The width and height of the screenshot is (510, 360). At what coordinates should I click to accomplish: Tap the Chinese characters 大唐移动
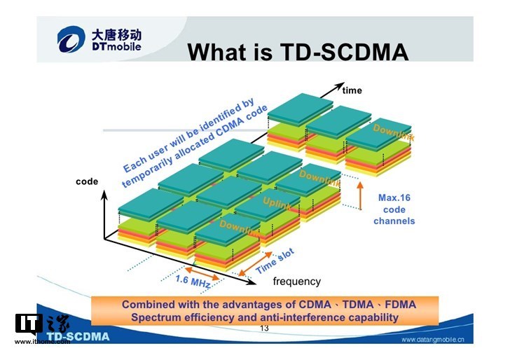116,33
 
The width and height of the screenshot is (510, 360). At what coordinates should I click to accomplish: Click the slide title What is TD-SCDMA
298,52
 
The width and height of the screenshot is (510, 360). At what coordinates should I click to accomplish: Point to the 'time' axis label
352,90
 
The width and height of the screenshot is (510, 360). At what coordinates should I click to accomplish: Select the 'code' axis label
87,182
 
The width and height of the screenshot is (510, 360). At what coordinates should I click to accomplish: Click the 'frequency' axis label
297,282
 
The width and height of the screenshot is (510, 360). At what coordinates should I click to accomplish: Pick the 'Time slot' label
275,261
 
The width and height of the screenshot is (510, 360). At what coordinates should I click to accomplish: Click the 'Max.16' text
394,198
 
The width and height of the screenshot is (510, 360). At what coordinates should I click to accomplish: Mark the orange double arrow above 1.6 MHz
202,272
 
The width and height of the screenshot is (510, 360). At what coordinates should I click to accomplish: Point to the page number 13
264,328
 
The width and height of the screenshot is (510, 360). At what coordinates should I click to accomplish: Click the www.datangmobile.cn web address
436,340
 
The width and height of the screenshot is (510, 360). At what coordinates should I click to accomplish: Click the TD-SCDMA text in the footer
78,336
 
